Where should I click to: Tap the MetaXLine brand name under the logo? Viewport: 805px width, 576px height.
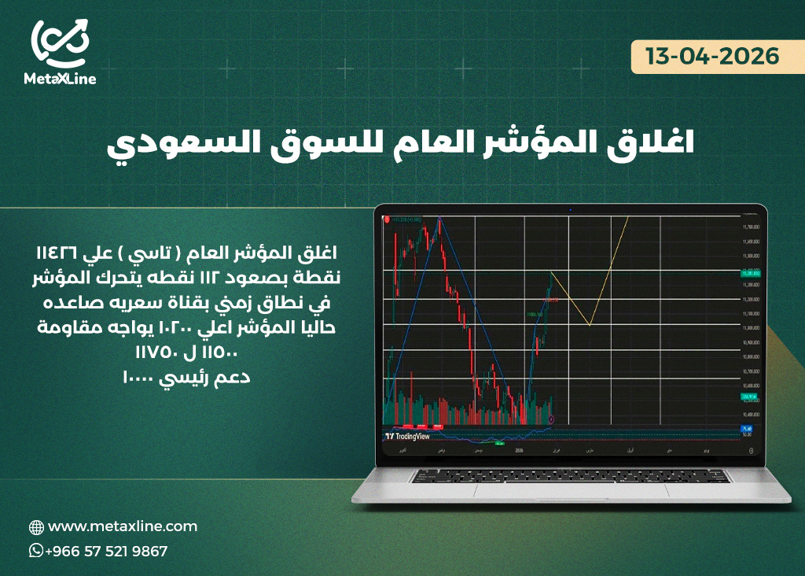pyautogui.click(x=61, y=79)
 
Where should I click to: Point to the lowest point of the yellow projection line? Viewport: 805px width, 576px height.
pyautogui.click(x=589, y=324)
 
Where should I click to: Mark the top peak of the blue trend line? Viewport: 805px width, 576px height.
pyautogui.click(x=439, y=217)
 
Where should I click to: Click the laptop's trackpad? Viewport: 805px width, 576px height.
pyautogui.click(x=571, y=489)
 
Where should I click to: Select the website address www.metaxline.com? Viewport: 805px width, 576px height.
pyautogui.click(x=123, y=526)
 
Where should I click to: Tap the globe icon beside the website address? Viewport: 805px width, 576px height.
pyautogui.click(x=35, y=527)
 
